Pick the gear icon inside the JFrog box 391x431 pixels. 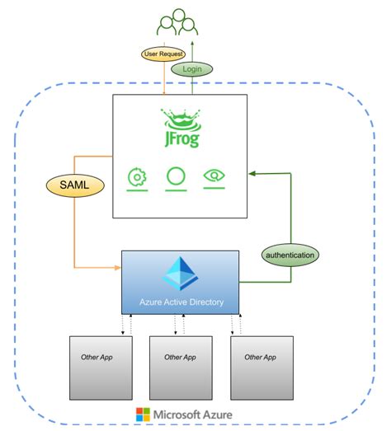click(x=137, y=176)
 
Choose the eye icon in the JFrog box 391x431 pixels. click(x=214, y=176)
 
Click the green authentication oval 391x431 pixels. click(x=290, y=255)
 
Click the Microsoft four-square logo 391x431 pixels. click(x=143, y=415)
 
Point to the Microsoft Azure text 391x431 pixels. click(x=192, y=415)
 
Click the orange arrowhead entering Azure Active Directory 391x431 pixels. click(x=117, y=268)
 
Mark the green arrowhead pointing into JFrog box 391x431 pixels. click(x=252, y=173)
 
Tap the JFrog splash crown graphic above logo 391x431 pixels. click(x=180, y=115)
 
